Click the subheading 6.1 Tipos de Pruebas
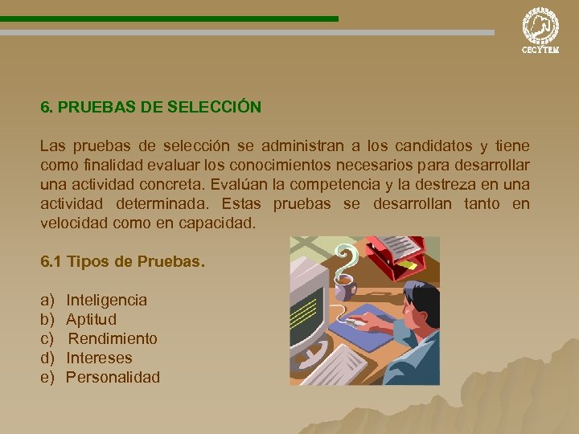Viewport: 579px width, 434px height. [122, 262]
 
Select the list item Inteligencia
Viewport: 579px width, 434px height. [106, 300]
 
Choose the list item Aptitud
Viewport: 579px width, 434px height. [91, 319]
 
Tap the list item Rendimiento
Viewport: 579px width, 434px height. [113, 338]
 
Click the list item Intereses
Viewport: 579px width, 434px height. [99, 358]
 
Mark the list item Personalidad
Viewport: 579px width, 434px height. [113, 377]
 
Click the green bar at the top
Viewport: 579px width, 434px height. [169, 18]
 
